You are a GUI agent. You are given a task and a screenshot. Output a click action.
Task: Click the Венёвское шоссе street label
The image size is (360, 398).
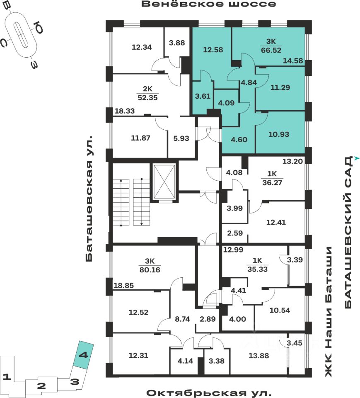pos(208,5)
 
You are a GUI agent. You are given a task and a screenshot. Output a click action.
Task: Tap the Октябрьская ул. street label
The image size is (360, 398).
pos(208,392)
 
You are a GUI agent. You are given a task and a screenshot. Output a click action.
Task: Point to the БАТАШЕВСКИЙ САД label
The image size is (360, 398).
pos(348,232)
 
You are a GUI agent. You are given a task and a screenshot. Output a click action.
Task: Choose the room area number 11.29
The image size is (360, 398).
pos(280,87)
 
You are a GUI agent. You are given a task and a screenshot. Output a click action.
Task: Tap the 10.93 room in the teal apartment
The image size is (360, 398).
pos(279,134)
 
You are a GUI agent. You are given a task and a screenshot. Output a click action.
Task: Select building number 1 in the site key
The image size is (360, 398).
pos(6,377)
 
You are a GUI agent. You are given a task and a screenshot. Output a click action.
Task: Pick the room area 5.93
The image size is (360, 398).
pos(181,138)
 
